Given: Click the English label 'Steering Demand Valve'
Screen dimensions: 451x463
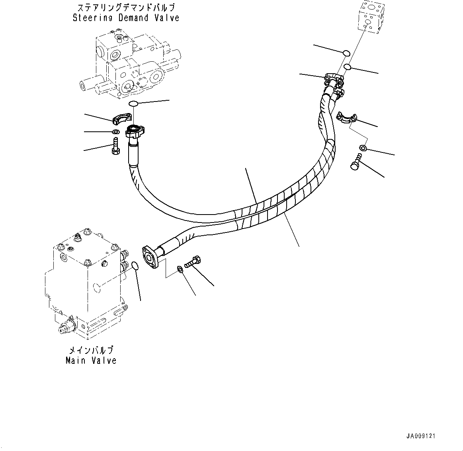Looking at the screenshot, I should [x=126, y=18].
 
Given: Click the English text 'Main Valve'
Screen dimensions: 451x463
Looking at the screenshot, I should [x=91, y=361].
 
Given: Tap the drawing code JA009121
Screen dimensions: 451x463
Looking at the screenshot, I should [x=420, y=436].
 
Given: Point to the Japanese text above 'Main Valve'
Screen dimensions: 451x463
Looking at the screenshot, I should [x=91, y=350].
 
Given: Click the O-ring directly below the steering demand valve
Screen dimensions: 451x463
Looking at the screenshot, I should [x=133, y=104].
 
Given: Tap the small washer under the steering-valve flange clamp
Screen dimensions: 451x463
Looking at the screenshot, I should [x=115, y=132].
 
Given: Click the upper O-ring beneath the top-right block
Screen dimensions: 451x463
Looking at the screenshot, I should [x=346, y=53].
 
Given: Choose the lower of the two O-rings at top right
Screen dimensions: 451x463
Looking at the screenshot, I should [x=348, y=66].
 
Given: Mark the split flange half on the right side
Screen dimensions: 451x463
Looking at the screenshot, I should [x=344, y=117].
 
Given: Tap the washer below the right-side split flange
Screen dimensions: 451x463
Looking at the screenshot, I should [x=362, y=148].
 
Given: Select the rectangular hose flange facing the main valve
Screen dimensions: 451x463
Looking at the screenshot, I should [x=150, y=258].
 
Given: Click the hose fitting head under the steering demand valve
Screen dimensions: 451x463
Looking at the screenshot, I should [x=135, y=131].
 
